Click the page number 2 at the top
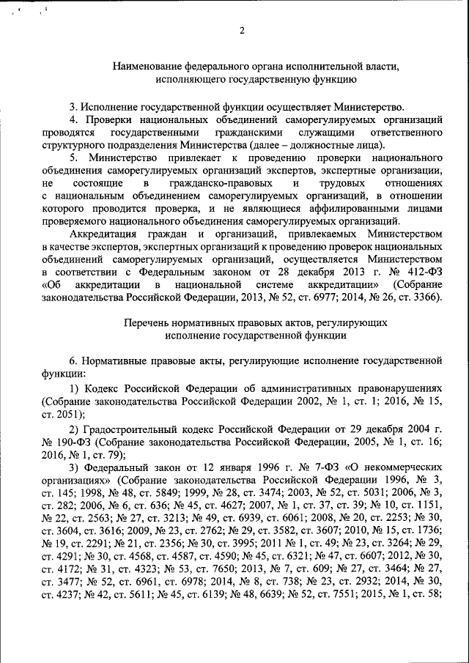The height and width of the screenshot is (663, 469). click(241, 30)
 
